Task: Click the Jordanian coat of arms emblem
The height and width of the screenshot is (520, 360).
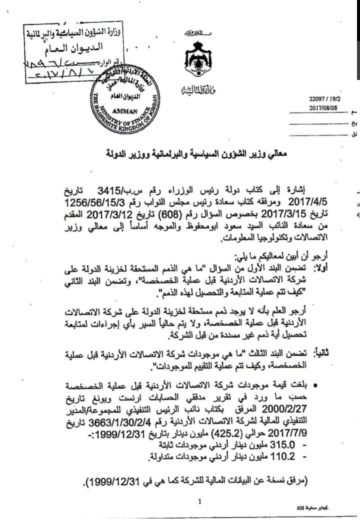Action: click(198, 59)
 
